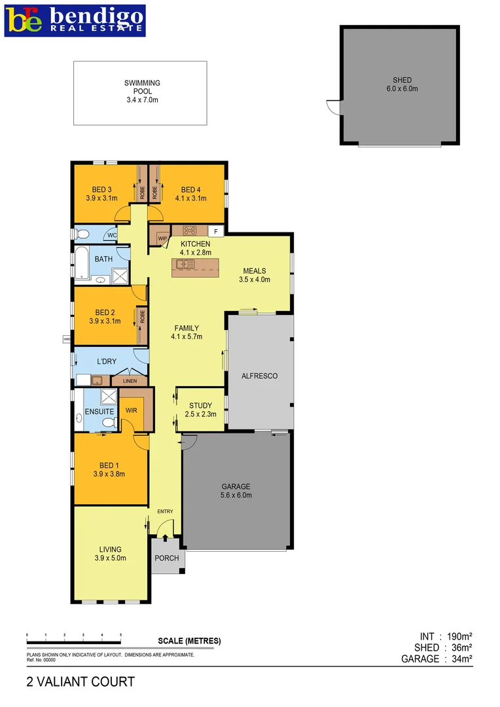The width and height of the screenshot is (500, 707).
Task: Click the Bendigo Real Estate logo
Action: pyautogui.click(x=75, y=21)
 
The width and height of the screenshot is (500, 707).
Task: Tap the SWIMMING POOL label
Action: pyautogui.click(x=142, y=92)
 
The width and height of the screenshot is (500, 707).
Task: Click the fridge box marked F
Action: pyautogui.click(x=216, y=231)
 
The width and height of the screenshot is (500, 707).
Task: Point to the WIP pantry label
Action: pyautogui.click(x=162, y=238)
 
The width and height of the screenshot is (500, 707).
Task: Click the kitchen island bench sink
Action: pyautogui.click(x=181, y=264)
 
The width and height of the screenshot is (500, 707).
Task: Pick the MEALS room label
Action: pyautogui.click(x=255, y=275)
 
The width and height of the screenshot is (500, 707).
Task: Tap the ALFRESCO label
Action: pyautogui.click(x=259, y=376)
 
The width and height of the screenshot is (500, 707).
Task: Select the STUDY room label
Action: pyautogui.click(x=201, y=409)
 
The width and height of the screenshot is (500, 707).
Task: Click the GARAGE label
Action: pyautogui.click(x=236, y=491)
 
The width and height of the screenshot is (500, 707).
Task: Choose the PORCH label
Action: pyautogui.click(x=166, y=558)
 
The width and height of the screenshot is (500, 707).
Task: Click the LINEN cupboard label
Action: pyautogui.click(x=130, y=380)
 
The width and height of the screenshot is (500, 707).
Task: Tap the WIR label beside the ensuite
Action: pyautogui.click(x=132, y=410)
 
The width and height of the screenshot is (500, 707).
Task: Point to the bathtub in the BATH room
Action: pyautogui.click(x=80, y=263)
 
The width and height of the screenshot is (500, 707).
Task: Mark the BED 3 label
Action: pyautogui.click(x=101, y=194)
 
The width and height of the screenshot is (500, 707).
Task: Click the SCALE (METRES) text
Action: pyautogui.click(x=190, y=641)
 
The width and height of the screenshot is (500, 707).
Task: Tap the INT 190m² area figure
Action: pyautogui.click(x=446, y=636)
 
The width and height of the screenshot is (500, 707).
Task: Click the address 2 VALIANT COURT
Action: pyautogui.click(x=80, y=682)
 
